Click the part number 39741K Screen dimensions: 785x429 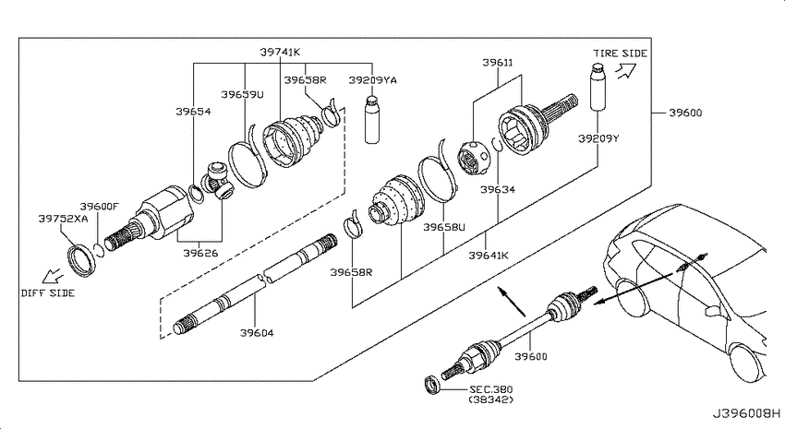click(280, 52)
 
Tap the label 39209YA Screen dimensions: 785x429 click(372, 80)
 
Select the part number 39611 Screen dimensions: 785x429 click(498, 63)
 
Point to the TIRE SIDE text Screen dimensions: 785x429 click(621, 53)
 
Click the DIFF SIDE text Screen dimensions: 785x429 click(47, 293)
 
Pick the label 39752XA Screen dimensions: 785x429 click(63, 219)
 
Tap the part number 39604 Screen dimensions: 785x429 click(257, 332)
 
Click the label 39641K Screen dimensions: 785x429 click(489, 256)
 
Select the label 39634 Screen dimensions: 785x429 click(498, 189)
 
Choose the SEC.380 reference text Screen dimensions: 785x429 click(490, 389)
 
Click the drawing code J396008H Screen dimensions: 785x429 click(746, 414)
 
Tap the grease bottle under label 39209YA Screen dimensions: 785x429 click(372, 120)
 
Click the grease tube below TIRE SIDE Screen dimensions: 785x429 click(598, 87)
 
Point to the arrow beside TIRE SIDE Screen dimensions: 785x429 click(625, 72)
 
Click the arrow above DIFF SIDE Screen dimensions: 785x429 click(52, 276)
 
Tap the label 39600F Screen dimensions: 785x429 click(100, 207)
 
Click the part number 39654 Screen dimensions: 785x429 click(193, 112)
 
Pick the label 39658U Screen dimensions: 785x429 click(444, 227)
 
